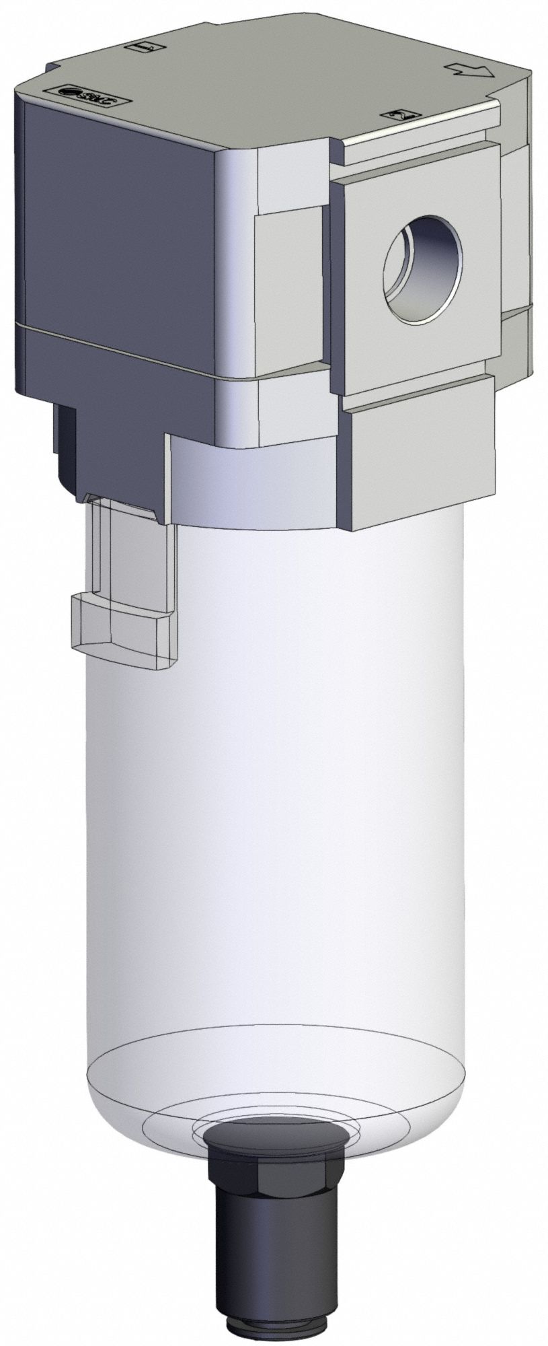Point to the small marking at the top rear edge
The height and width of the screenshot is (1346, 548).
(x=149, y=48)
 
